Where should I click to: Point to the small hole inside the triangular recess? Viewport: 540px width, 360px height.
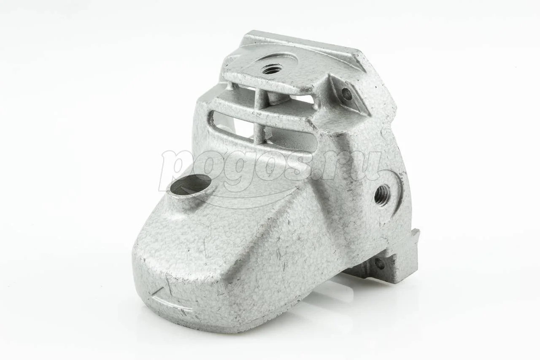(x=347, y=94)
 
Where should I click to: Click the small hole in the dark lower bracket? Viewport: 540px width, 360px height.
(x=379, y=264)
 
